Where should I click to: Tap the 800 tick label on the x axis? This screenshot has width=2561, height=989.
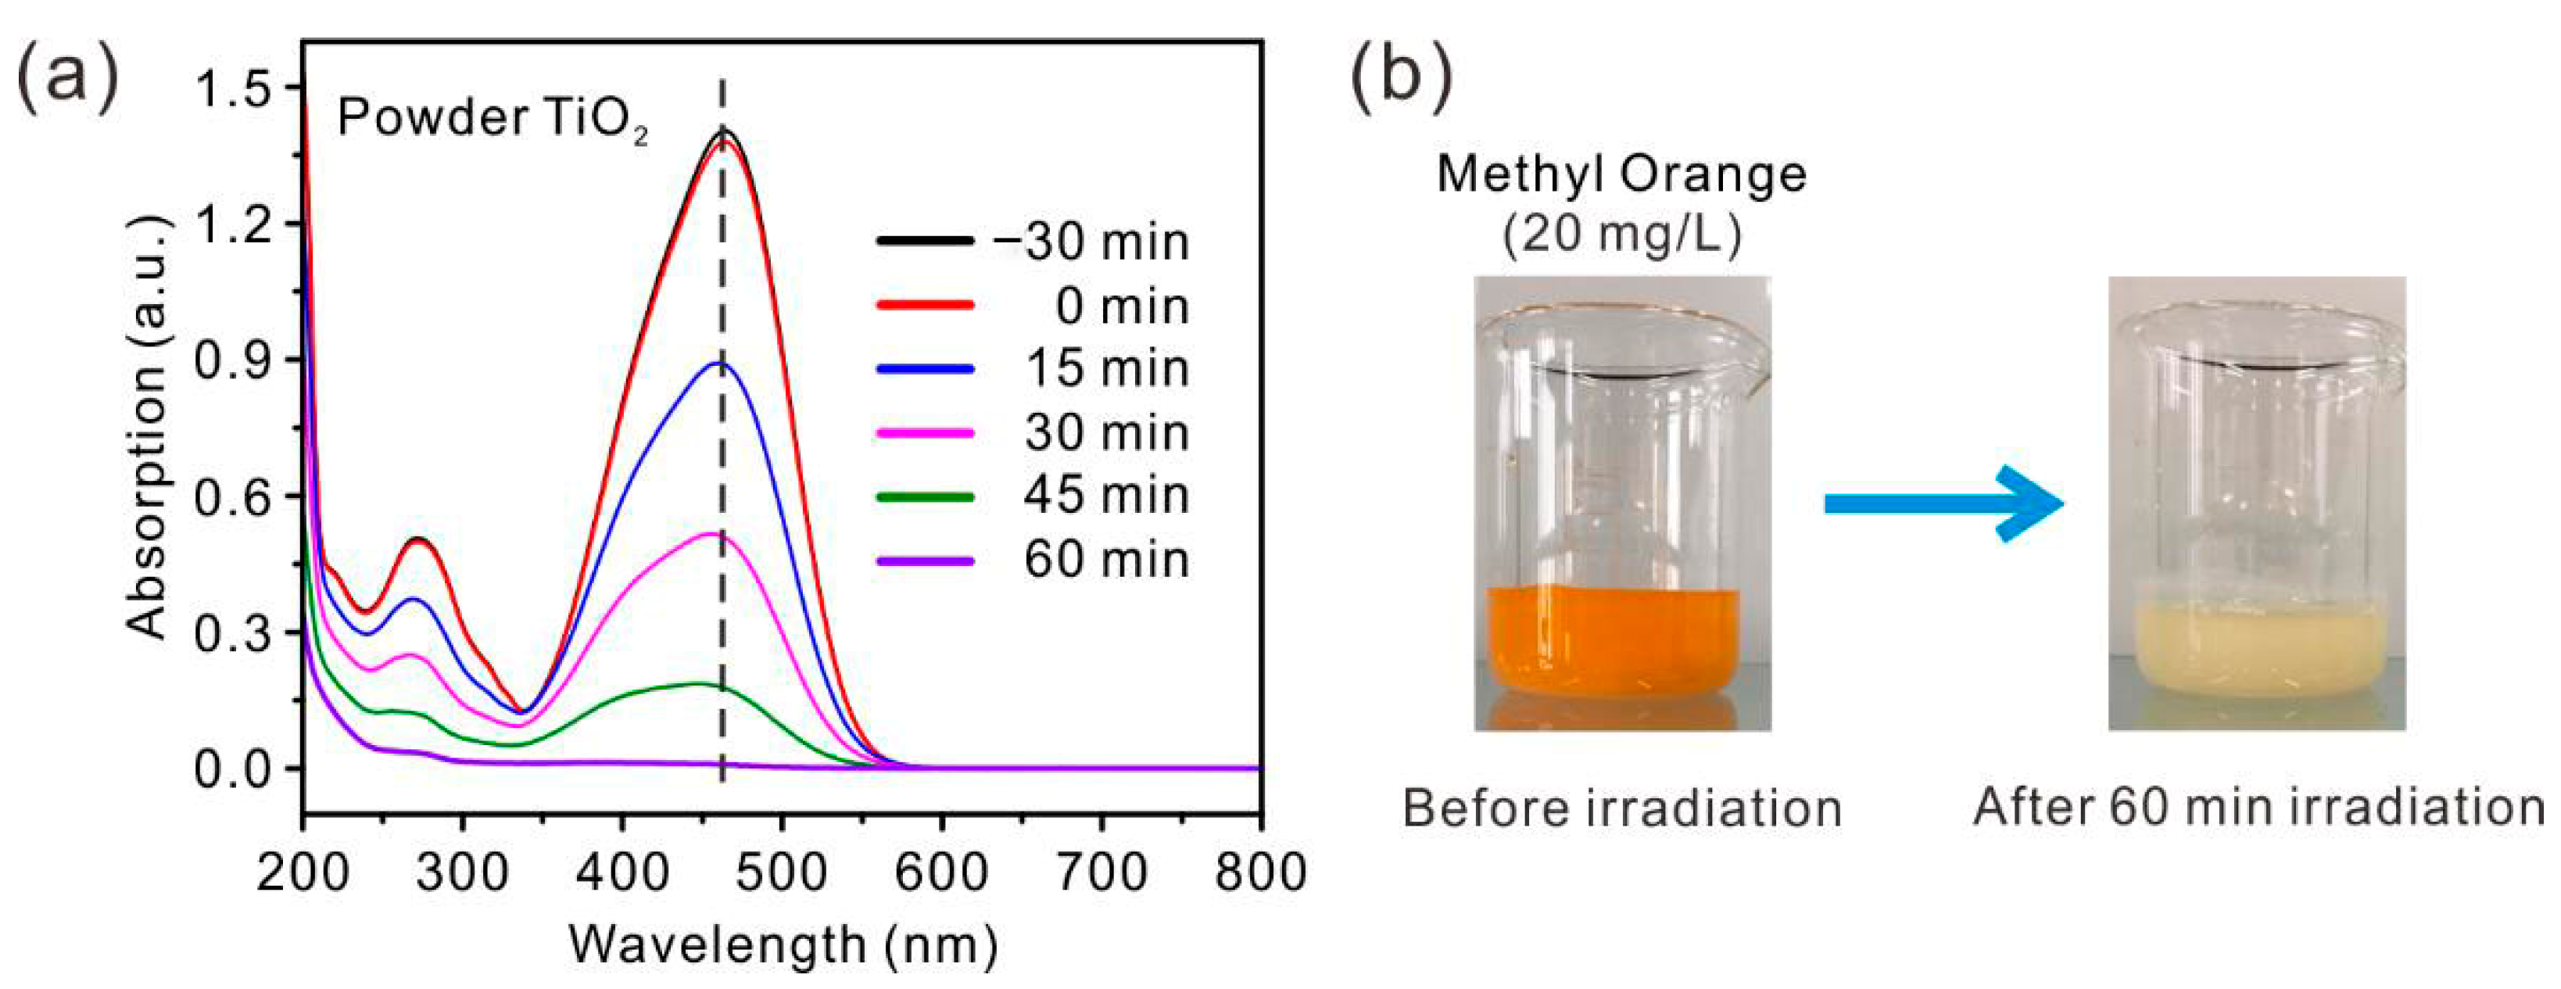(x=1259, y=873)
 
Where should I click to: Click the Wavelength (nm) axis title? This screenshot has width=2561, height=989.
(x=783, y=944)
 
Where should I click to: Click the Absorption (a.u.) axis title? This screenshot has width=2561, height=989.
(x=147, y=428)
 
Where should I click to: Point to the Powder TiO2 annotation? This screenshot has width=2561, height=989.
(x=492, y=120)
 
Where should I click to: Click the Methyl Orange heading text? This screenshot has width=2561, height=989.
(x=1621, y=175)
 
